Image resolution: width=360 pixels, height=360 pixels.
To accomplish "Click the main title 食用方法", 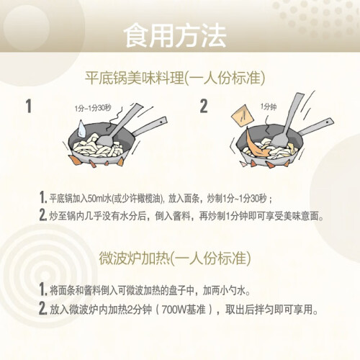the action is click(175, 35).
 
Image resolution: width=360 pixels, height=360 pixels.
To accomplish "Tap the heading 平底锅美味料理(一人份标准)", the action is click(175, 78).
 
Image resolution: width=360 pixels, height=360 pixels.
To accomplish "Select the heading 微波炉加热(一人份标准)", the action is click(175, 258).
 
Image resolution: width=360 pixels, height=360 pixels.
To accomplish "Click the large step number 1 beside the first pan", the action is click(29, 106).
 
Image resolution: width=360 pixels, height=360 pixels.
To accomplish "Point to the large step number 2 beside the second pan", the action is click(204, 106).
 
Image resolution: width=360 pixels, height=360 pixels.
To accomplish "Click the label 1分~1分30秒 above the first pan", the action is click(93, 108).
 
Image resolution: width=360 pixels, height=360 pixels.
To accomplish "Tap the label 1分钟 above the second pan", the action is click(269, 107).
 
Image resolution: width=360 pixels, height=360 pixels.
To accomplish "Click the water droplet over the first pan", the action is click(81, 129).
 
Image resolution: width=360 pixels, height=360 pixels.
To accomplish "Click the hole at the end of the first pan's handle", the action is click(161, 122).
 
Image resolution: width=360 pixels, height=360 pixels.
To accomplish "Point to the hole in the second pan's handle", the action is click(328, 122).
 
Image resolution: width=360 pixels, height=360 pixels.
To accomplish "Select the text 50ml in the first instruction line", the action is click(96, 199).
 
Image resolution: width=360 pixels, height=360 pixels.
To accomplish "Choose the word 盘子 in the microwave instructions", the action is click(178, 291).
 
